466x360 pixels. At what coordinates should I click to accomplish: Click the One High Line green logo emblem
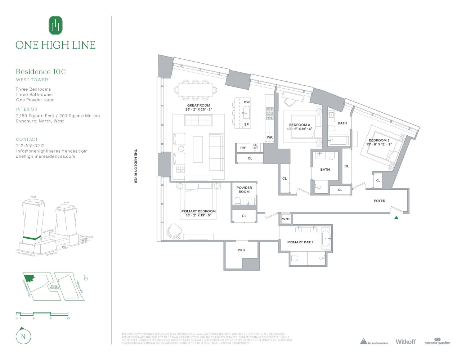[55, 26]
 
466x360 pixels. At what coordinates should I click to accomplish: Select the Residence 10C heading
[41, 72]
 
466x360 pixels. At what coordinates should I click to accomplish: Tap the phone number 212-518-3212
[30, 146]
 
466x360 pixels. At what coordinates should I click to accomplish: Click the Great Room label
[198, 105]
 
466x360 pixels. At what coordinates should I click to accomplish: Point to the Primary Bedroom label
[198, 211]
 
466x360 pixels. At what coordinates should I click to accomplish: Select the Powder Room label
[244, 190]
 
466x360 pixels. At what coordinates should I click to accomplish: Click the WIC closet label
[241, 250]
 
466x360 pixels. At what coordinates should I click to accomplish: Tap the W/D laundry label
[286, 219]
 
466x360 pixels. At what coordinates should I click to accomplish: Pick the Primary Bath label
[300, 242]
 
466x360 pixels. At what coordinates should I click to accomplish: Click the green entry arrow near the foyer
[396, 217]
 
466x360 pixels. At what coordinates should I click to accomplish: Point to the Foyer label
[380, 201]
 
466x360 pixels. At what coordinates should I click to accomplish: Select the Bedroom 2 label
[379, 140]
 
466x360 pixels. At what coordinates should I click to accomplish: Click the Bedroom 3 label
[299, 125]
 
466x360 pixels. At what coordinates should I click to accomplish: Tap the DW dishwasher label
[246, 102]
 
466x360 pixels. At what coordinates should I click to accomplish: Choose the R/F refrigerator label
[243, 148]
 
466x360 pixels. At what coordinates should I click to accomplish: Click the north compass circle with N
[23, 337]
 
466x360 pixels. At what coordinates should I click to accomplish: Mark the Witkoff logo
[405, 342]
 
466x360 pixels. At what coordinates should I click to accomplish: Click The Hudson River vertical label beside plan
[136, 166]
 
